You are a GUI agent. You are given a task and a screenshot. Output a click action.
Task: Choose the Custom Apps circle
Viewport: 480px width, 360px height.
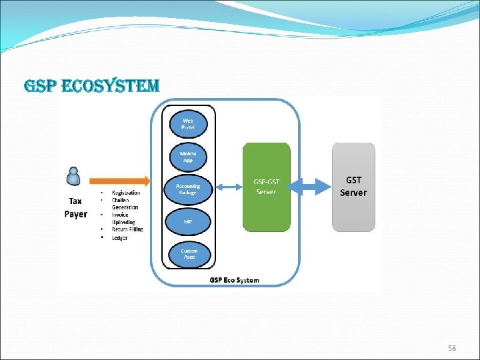[x=189, y=253]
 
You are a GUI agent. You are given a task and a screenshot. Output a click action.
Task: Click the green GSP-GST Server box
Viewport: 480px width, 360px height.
[x=267, y=187]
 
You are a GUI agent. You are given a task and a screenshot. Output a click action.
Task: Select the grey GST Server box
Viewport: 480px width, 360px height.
[x=353, y=187]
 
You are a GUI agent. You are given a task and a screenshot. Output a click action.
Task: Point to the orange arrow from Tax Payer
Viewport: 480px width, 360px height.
[x=120, y=181]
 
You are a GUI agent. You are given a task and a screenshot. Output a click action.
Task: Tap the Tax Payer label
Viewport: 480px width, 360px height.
[x=75, y=207]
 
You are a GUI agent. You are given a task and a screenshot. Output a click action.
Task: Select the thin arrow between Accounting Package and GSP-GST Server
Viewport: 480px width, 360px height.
[x=228, y=187]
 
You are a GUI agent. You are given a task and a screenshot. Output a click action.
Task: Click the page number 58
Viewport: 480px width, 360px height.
[x=453, y=349]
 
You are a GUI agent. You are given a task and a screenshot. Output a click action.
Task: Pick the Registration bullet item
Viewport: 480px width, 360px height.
[x=126, y=193]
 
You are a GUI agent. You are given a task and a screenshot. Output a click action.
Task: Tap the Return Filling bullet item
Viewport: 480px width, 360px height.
[x=127, y=229]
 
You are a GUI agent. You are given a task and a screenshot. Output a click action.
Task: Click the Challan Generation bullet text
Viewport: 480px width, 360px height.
[x=125, y=203]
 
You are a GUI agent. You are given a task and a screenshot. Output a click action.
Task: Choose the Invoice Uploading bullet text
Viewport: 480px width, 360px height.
[x=123, y=219]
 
